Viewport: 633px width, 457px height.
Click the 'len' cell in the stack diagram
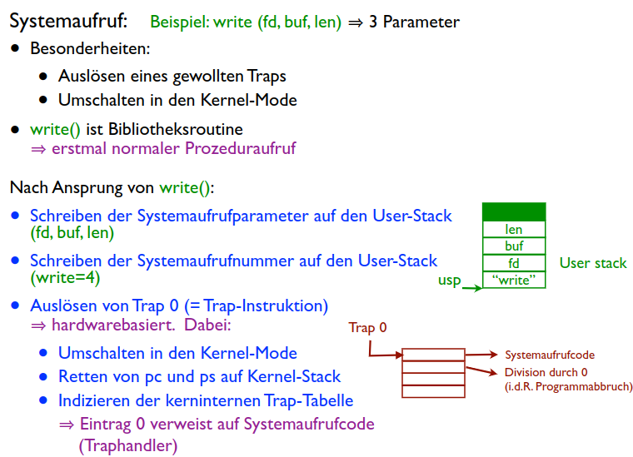(x=514, y=229)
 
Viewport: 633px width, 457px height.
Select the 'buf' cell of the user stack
(x=514, y=246)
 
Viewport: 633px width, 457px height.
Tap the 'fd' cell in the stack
(x=514, y=263)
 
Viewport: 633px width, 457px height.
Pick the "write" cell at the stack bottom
(x=514, y=280)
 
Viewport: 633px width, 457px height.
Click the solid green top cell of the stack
(x=514, y=211)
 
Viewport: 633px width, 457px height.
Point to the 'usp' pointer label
(x=449, y=281)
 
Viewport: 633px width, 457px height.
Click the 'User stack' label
(x=593, y=263)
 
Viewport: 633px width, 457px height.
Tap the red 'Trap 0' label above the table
(x=367, y=327)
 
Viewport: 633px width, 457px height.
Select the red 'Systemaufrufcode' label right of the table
(x=550, y=355)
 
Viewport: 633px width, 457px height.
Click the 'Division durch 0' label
(x=546, y=372)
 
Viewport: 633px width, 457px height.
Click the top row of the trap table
(x=433, y=355)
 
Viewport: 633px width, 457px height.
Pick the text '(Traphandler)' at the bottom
(x=128, y=445)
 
